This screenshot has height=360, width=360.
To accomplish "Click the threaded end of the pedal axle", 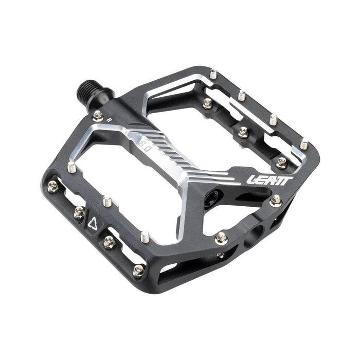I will tap(84, 91).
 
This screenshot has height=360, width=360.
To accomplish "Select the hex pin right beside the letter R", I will tap(98, 114).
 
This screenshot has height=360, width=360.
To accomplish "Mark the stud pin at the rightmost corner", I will tap(304, 144).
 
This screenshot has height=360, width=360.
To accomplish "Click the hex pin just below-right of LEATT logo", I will tap(276, 199).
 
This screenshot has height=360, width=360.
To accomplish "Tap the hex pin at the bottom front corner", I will tap(138, 269).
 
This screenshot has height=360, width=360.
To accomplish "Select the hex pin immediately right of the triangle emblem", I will tap(109, 241).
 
